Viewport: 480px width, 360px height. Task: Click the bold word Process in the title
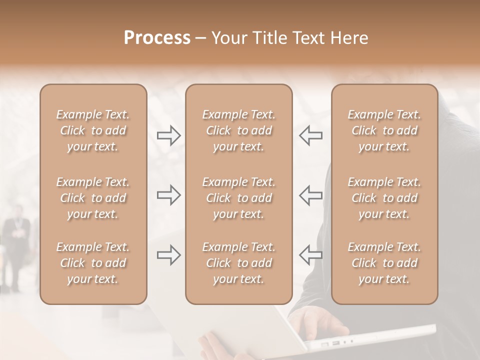coord(157,38)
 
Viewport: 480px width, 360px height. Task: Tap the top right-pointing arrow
coord(168,135)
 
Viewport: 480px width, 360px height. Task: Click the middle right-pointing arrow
coord(168,195)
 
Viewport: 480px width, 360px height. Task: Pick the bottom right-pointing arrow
coord(168,255)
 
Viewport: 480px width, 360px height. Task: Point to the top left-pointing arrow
coord(310,135)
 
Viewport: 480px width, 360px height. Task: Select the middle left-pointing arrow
coord(310,195)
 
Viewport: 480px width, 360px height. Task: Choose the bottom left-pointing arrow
coord(310,255)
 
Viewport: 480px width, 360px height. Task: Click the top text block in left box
coord(93,130)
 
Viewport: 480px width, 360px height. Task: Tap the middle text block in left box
coord(93,198)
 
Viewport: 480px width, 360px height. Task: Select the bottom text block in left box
coord(93,263)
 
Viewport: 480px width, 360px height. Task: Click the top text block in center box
coord(238,130)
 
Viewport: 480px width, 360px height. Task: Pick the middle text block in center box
coord(238,198)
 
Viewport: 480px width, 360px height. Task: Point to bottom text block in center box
coord(238,263)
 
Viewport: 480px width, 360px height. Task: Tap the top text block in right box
coord(384,130)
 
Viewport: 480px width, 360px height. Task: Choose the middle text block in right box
coord(384,198)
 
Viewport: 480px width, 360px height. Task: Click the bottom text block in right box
coord(384,263)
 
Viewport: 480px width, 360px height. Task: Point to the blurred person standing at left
coord(16,245)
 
